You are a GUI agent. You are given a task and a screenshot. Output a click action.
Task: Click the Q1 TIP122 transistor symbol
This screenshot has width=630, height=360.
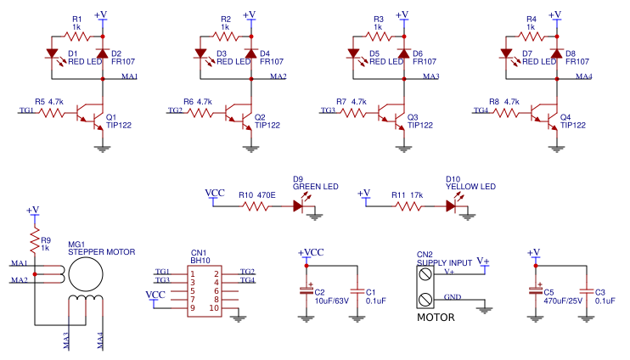pyautogui.click(x=88, y=112)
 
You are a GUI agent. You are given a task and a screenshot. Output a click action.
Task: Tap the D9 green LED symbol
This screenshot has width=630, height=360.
pyautogui.click(x=299, y=205)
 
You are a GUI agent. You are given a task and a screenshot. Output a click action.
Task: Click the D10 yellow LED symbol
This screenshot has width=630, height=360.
pyautogui.click(x=452, y=205)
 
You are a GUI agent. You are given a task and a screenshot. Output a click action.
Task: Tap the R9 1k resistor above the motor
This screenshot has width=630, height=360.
pyautogui.click(x=35, y=242)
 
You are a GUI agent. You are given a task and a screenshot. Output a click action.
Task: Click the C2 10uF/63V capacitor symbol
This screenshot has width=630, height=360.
pyautogui.click(x=306, y=290)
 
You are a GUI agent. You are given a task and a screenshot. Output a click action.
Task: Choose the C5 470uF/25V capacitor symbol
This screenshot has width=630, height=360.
pyautogui.click(x=535, y=290)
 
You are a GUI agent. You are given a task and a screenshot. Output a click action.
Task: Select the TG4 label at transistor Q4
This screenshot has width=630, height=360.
pyautogui.click(x=481, y=110)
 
